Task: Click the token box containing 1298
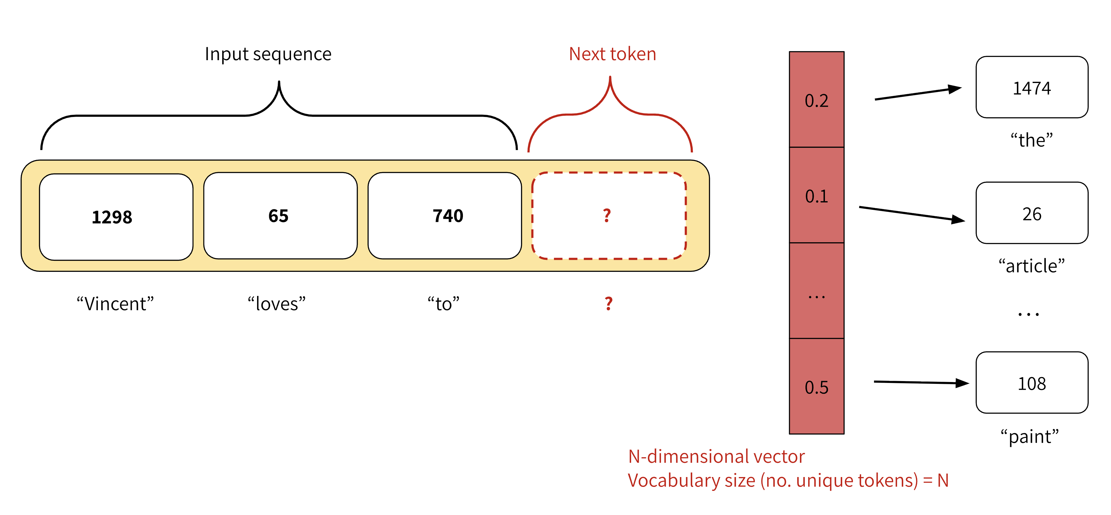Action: pyautogui.click(x=116, y=217)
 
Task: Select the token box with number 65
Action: pyautogui.click(x=280, y=216)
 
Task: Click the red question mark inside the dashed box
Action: pyautogui.click(x=607, y=215)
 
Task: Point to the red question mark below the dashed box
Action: pyautogui.click(x=608, y=304)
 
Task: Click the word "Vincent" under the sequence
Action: pyautogui.click(x=115, y=304)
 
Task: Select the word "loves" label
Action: pyautogui.click(x=277, y=304)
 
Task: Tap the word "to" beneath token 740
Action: pyautogui.click(x=443, y=304)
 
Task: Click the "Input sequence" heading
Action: pyautogui.click(x=268, y=54)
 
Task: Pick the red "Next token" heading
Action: pyautogui.click(x=612, y=54)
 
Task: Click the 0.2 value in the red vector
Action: pyautogui.click(x=816, y=101)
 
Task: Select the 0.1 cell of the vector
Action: pyautogui.click(x=816, y=196)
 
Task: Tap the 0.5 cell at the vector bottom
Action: pyautogui.click(x=816, y=387)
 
